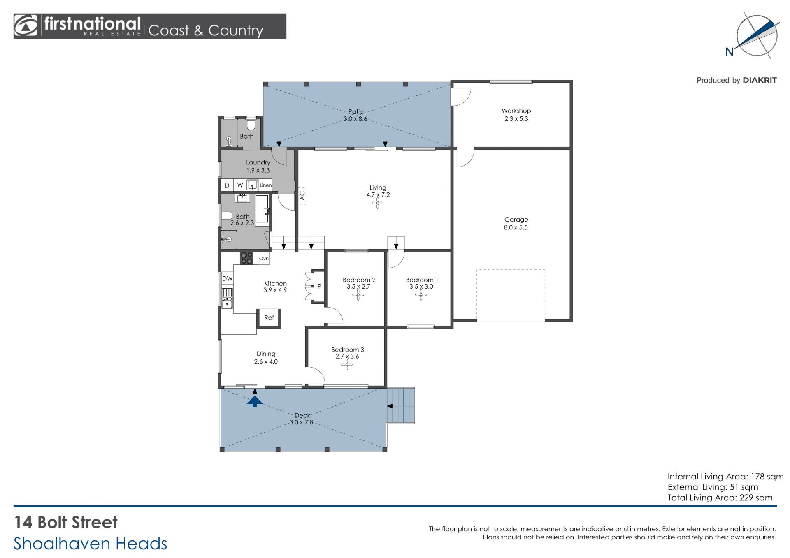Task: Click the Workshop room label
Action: pos(516,111)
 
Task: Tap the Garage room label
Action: pos(516,220)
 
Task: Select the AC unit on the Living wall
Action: pos(302,195)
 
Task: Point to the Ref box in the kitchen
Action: pos(269,318)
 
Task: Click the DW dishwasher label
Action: pos(227,278)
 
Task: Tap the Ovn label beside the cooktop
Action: pos(264,259)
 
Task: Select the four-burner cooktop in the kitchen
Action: pos(246,258)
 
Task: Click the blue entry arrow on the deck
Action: pos(255,401)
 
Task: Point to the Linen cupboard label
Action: pos(265,185)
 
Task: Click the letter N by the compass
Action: pos(729,52)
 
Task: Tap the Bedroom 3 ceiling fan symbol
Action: pos(347,365)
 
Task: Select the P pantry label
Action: pos(319,287)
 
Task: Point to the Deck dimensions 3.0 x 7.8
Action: pos(301,422)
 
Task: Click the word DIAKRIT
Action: pos(760,80)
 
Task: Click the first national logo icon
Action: pos(26,26)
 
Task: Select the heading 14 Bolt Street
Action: pos(66,522)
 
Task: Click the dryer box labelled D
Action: pos(227,185)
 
